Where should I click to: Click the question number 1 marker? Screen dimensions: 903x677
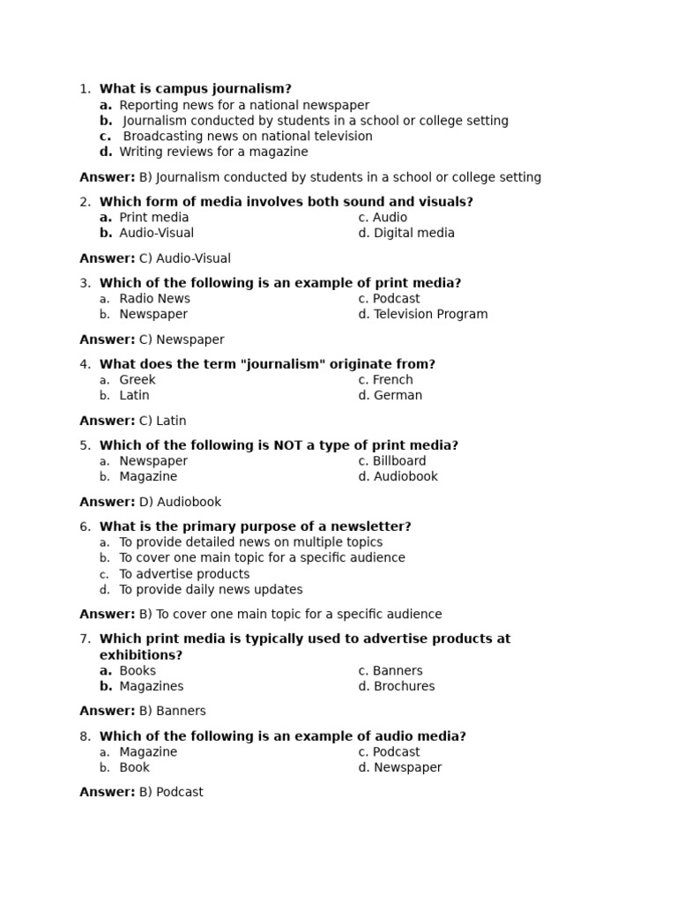pos(85,89)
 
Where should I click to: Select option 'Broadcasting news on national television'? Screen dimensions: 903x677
pos(247,137)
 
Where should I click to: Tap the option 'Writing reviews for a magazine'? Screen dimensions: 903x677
pos(213,153)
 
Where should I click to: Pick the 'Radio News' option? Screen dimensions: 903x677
pos(154,299)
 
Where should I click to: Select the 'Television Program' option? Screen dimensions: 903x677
pos(430,315)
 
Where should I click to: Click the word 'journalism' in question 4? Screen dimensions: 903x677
pos(277,364)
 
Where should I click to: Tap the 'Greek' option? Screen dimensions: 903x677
pos(137,380)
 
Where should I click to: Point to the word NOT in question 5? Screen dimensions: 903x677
pos(288,445)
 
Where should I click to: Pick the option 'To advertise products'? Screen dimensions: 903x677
pos(184,574)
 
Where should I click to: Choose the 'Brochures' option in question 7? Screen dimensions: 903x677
pos(404,687)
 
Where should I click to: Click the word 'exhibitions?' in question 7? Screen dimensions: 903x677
pos(141,655)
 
